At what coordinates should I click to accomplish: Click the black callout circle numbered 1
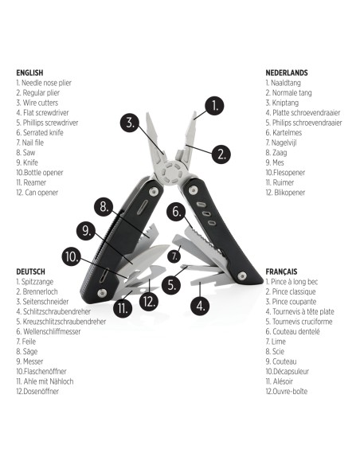point(213,105)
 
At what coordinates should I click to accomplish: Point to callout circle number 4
point(199,304)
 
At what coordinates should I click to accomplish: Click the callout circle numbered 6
point(178,212)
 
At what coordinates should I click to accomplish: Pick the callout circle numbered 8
point(103,206)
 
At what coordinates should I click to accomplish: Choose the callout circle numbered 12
point(149,302)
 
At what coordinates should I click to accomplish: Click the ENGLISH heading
point(29,72)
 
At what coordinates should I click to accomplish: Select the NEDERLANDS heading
point(287,72)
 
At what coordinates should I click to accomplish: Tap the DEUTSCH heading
point(30,272)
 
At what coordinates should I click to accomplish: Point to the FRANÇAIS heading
point(283,272)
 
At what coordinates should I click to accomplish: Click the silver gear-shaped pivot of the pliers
point(168,174)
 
